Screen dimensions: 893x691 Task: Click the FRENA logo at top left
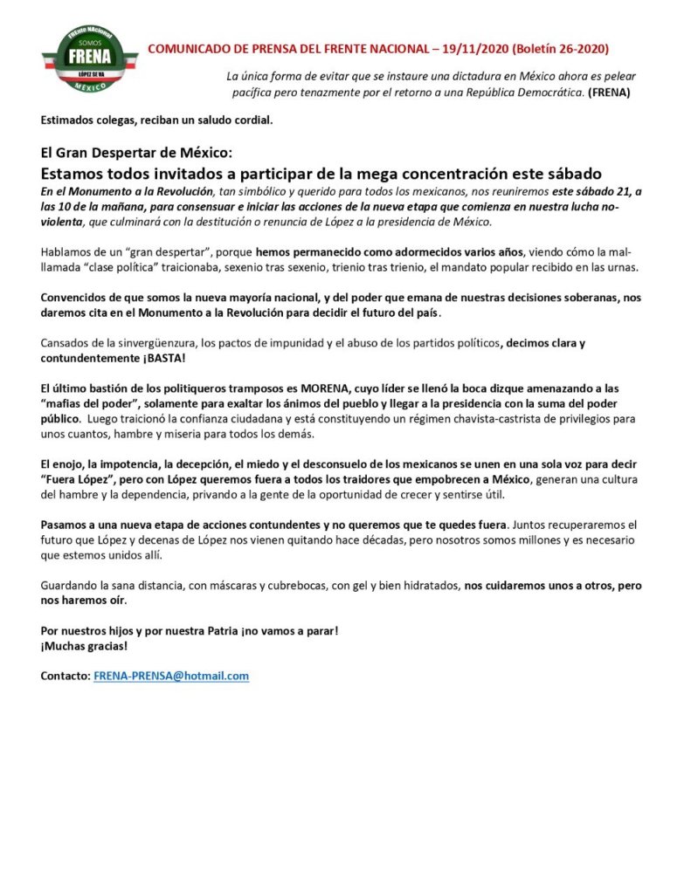(x=89, y=58)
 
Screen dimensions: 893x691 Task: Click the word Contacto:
(x=66, y=676)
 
